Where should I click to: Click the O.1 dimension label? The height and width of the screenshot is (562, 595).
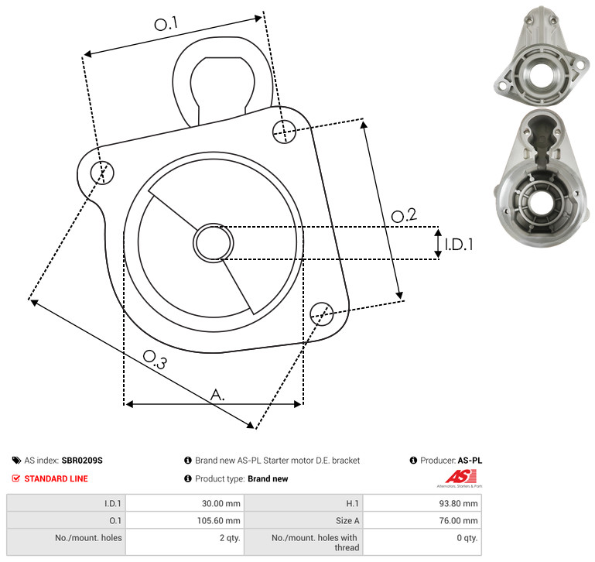tap(166, 24)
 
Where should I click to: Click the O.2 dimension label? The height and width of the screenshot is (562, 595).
tap(404, 215)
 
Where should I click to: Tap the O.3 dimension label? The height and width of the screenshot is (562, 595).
tap(155, 360)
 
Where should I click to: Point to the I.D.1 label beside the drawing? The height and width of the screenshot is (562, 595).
tap(459, 245)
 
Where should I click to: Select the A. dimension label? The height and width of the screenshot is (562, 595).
tap(217, 395)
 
